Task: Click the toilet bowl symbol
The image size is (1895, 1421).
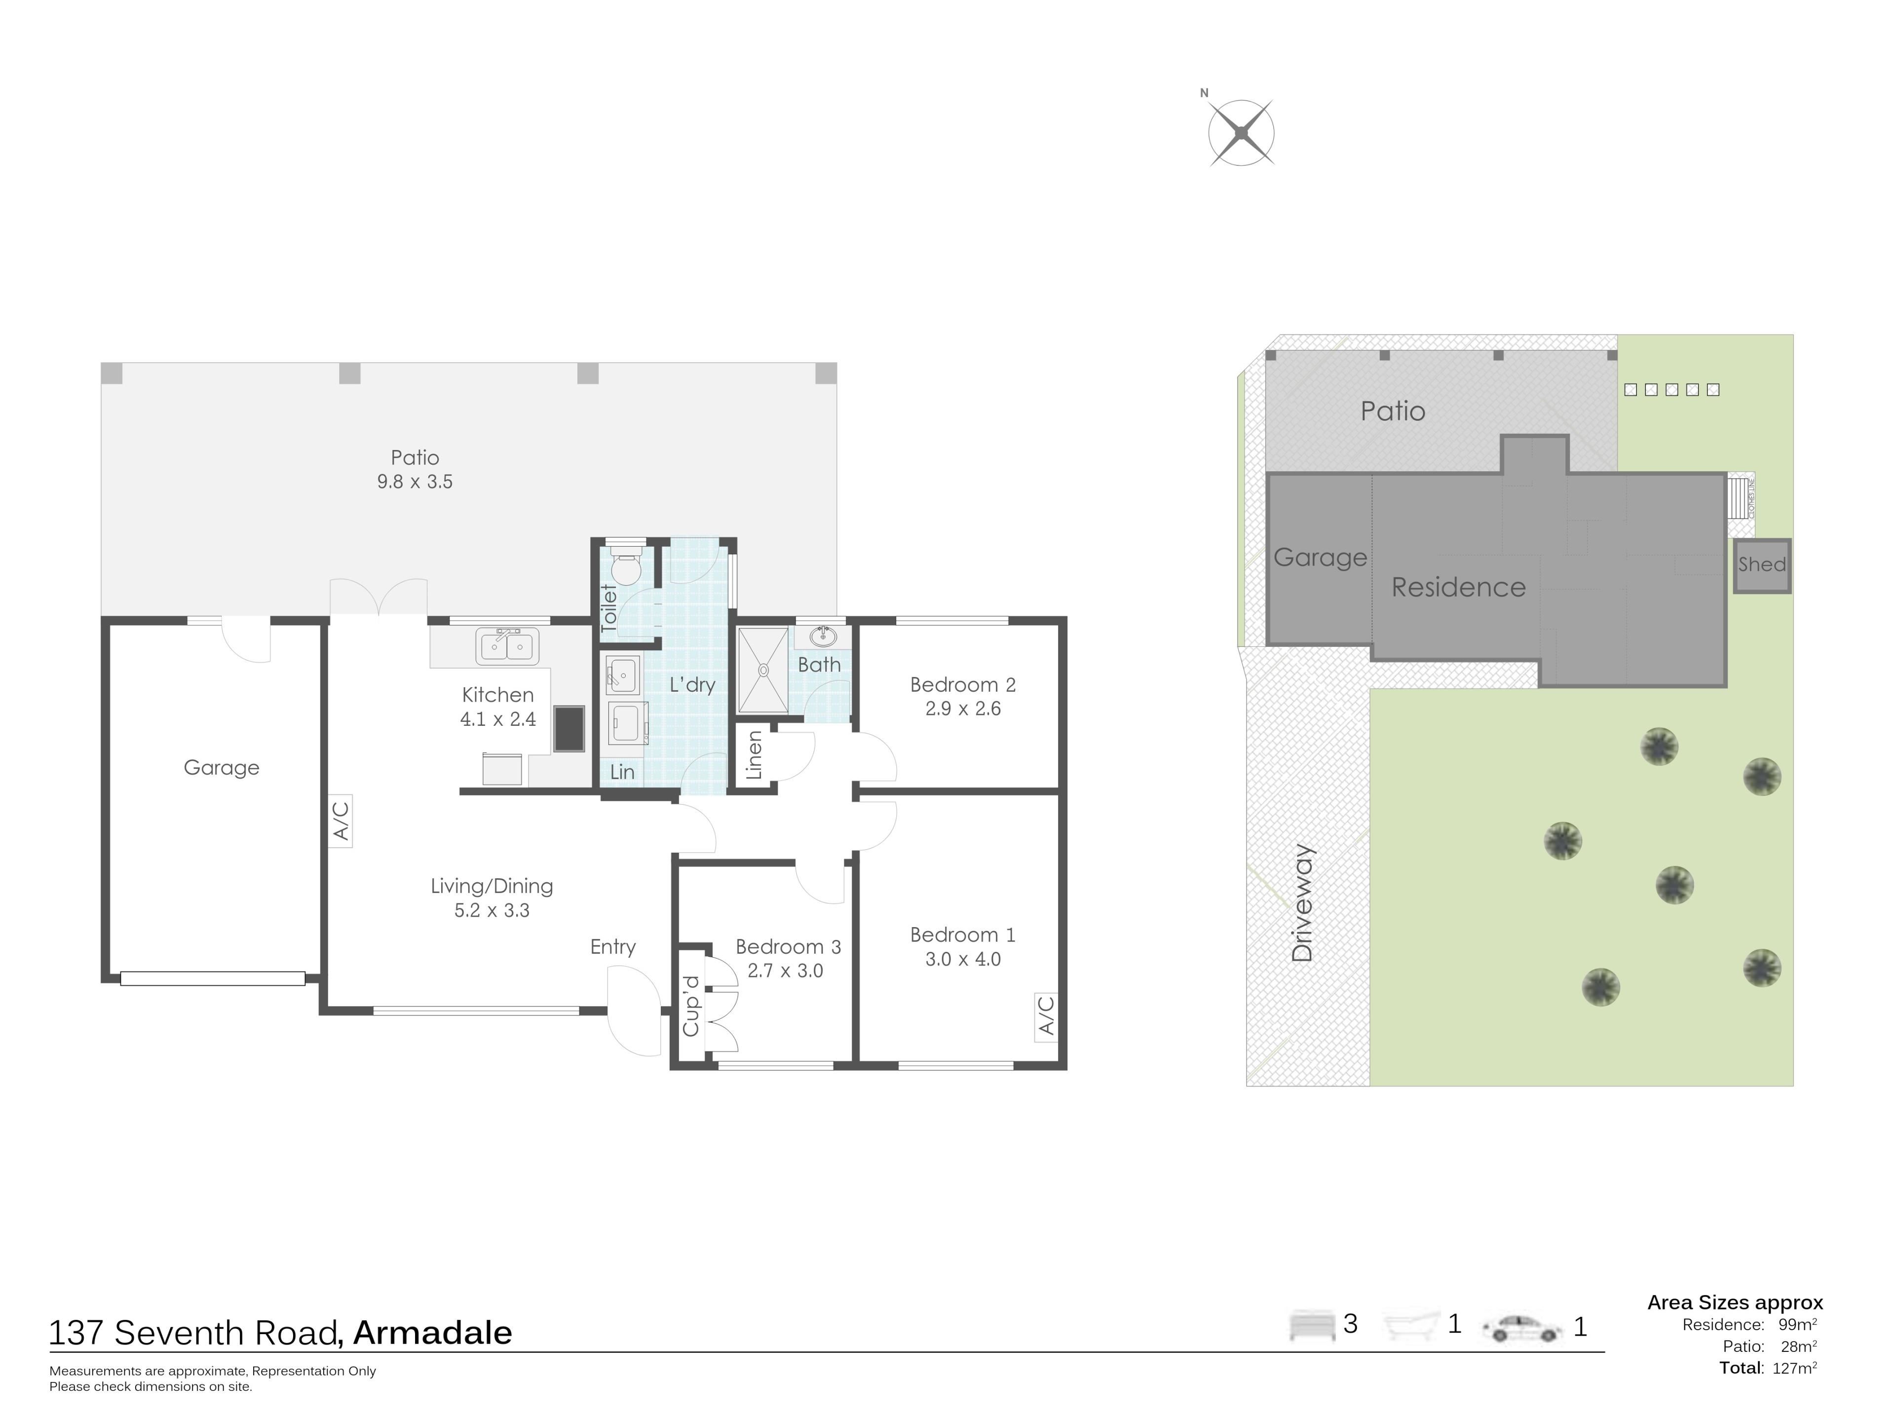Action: (626, 565)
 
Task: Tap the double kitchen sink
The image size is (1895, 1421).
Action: (507, 646)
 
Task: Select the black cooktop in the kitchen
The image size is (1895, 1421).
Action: (569, 728)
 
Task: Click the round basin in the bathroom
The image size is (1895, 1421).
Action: (823, 636)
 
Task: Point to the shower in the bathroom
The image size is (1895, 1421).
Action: (762, 670)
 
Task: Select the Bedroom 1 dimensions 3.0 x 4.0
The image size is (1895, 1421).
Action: (963, 959)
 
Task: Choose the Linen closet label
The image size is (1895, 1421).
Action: (754, 754)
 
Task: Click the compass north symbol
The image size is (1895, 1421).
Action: (1241, 133)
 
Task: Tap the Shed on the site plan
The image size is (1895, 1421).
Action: (1762, 565)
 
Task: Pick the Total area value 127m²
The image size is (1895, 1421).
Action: (1795, 1368)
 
